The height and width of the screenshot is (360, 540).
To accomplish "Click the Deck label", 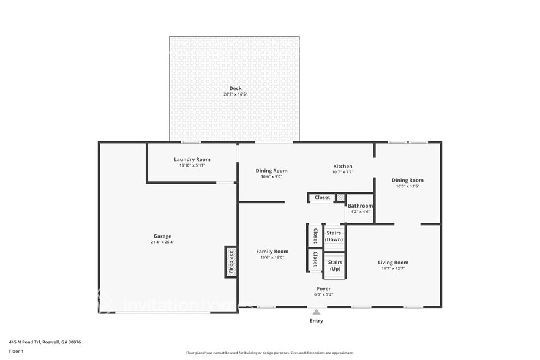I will pos(235,88).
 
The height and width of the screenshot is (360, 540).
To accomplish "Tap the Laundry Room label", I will pos(192,159).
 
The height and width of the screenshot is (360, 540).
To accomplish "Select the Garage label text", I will pos(162,236).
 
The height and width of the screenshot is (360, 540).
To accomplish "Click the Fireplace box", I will pos(231,262).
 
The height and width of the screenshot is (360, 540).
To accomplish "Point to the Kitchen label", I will pos(342,166).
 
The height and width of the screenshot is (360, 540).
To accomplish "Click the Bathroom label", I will pos(360,206).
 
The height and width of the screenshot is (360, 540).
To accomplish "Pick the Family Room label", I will pos(272,252).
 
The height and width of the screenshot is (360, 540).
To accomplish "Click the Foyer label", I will pos(323,288).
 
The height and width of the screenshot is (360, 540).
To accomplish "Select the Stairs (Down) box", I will pos(334,236).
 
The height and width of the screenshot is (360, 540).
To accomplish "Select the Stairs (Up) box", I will pos(335,265).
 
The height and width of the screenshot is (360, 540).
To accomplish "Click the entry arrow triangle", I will pos(316,312).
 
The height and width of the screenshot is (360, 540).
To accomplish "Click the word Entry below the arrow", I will pos(316,321).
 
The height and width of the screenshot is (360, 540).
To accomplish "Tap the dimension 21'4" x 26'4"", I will pos(162,242).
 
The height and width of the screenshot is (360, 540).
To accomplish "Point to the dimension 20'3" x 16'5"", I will pos(235,94).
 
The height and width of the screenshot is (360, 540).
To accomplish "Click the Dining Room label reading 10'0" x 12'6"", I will pos(407,181).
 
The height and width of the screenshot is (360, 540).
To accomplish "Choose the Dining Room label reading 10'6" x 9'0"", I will pos(271,171).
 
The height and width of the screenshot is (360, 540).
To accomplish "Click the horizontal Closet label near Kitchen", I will pos(322,197).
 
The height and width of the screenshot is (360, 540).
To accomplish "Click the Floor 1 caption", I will pos(16,351).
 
